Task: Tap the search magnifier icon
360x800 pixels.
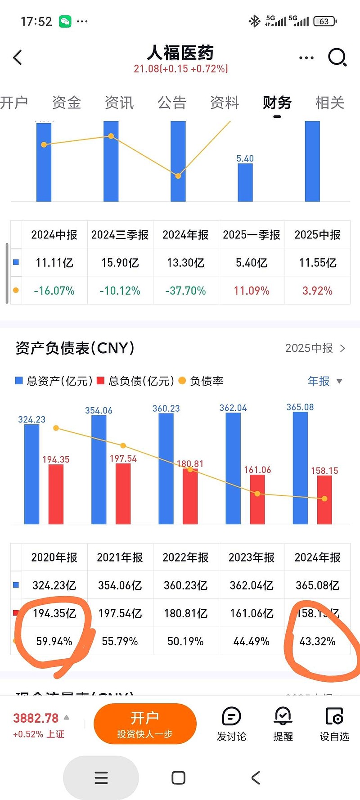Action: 337,57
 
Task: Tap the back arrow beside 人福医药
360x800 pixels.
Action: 18,57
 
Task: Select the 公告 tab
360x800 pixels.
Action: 172,103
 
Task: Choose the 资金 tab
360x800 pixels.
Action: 67,103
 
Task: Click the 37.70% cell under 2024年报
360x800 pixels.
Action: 185,291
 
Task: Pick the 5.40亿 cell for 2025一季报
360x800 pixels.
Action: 252,263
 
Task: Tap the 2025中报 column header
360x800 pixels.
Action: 317,235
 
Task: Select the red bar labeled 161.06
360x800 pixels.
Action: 257,499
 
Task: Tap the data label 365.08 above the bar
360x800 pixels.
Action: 300,407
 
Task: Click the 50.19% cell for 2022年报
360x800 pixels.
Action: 185,641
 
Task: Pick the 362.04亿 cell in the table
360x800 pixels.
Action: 252,585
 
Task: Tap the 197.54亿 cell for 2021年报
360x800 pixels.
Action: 120,613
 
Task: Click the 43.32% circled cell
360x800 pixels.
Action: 317,641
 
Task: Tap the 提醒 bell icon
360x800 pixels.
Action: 283,716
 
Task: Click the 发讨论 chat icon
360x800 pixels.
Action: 232,716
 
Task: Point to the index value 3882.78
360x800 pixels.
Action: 36,718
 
